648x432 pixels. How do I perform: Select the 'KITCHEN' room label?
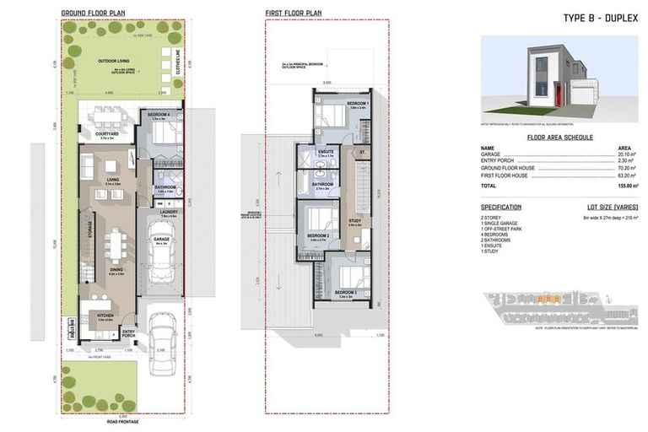point(105,316)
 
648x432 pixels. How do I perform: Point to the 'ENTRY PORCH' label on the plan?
point(129,333)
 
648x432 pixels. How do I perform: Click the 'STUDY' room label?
point(354,222)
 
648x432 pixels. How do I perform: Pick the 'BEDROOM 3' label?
point(343,292)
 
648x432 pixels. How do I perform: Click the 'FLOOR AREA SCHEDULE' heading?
point(559,137)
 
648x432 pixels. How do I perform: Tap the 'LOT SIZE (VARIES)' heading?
point(613,207)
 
